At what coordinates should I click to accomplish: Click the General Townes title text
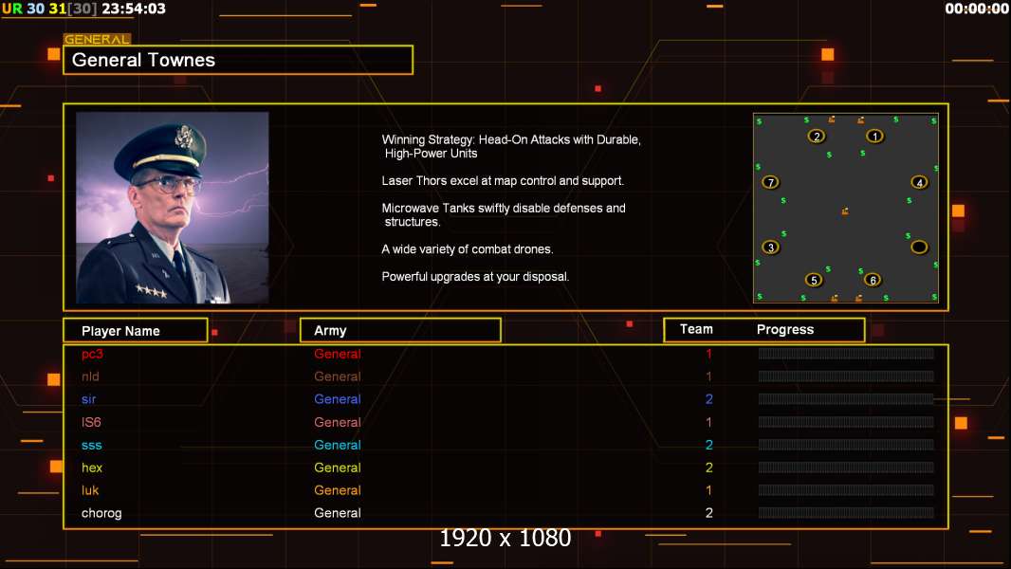point(144,60)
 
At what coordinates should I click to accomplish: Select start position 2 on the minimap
point(817,136)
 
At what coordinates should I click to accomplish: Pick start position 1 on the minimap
point(874,136)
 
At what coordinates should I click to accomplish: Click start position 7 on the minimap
point(770,182)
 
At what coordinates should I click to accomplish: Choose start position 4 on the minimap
point(919,182)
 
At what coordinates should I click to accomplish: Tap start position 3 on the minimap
point(770,248)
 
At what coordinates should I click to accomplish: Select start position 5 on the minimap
point(814,280)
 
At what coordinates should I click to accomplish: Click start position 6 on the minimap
point(873,280)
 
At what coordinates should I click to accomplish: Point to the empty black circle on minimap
point(919,248)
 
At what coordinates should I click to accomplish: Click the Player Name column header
point(120,331)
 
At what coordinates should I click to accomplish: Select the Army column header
point(330,331)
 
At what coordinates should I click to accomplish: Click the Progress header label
point(785,330)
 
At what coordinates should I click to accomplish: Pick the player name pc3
point(92,354)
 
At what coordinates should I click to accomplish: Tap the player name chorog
point(101,513)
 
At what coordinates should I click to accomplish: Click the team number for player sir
point(708,399)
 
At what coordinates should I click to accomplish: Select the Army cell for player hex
point(338,468)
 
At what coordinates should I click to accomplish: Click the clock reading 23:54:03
point(134,9)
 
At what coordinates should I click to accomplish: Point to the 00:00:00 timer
point(977,9)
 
